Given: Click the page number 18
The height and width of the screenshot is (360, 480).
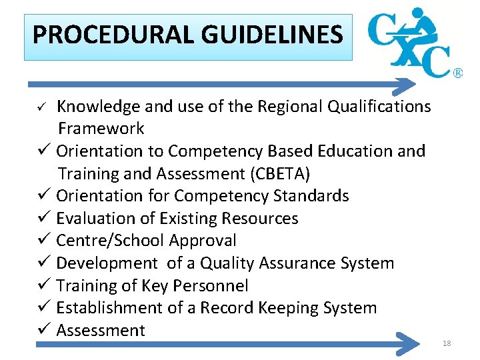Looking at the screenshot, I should pos(447,343).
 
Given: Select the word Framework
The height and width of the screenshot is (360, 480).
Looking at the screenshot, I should pos(101,128).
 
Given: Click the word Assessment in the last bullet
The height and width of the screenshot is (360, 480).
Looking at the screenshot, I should pos(101,331).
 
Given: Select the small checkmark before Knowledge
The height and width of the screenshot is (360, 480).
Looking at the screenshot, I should pos(41,107).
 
